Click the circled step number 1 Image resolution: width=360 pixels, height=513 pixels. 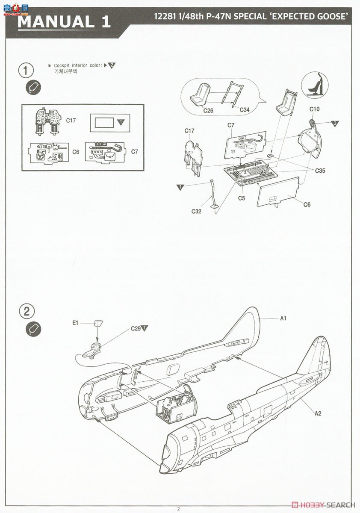(27, 70)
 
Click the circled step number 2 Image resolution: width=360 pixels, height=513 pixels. (27, 311)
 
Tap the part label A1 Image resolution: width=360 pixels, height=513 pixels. (283, 318)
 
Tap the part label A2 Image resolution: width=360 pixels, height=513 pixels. (318, 413)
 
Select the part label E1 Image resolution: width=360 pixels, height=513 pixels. (75, 323)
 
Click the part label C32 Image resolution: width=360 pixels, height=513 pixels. (197, 211)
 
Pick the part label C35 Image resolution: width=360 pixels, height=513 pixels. (320, 171)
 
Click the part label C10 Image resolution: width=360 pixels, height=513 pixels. (314, 109)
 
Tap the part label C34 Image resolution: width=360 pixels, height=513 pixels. (245, 110)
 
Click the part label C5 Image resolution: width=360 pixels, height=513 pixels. (242, 198)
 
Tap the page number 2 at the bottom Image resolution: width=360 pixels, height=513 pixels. (179, 508)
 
